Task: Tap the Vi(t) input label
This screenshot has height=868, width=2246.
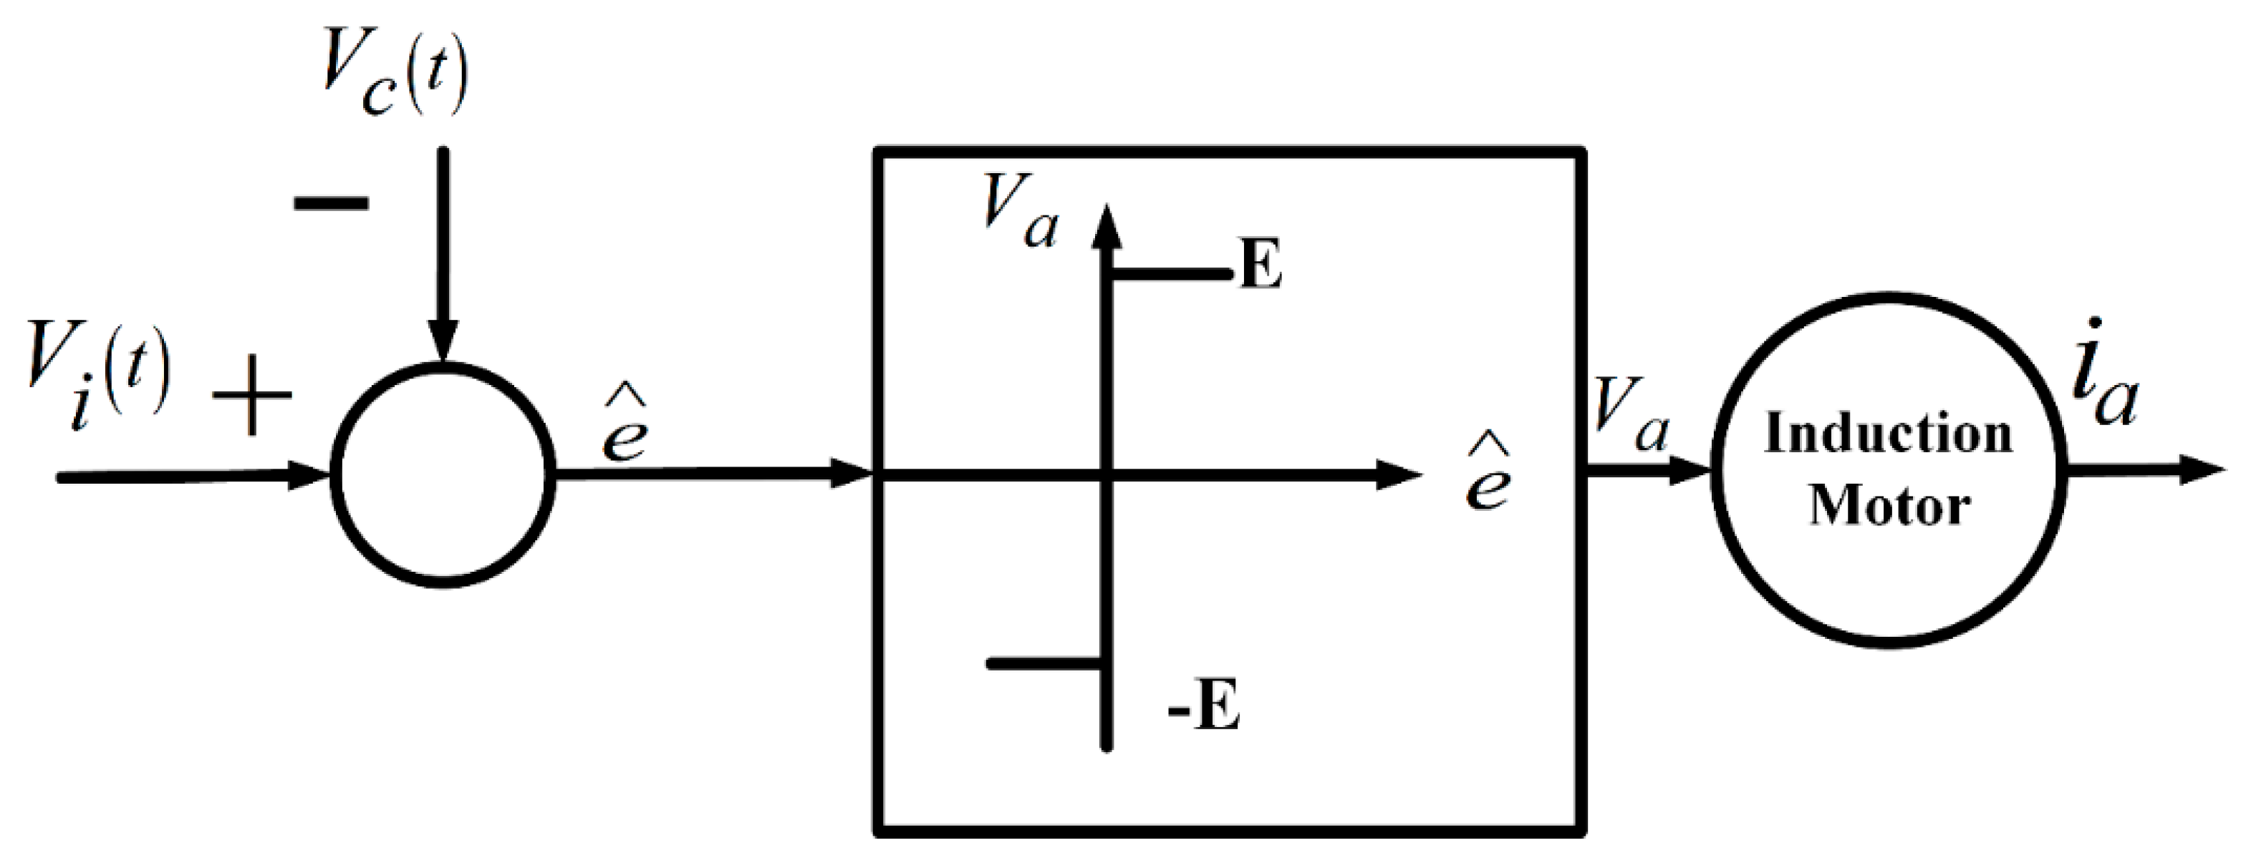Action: tap(97, 376)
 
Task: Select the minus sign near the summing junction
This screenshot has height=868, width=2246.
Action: tap(332, 204)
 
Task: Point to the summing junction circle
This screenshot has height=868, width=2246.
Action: tap(443, 476)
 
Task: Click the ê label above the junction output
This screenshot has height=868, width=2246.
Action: tap(625, 427)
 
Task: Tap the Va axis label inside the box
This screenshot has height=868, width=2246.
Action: tap(1018, 213)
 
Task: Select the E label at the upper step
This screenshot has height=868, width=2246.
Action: tap(1260, 267)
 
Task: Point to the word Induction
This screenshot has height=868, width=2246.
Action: tap(1888, 434)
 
